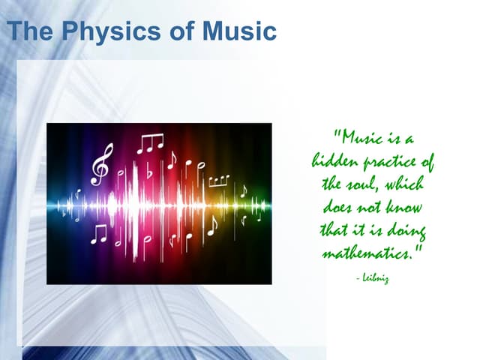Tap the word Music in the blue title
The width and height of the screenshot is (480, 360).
[240, 32]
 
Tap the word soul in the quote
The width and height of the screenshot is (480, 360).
[367, 184]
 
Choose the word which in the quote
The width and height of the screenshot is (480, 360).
[405, 184]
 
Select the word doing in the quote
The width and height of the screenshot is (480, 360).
[406, 229]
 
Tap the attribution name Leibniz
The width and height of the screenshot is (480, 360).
[374, 278]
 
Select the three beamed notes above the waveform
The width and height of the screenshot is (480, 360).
[150, 142]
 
